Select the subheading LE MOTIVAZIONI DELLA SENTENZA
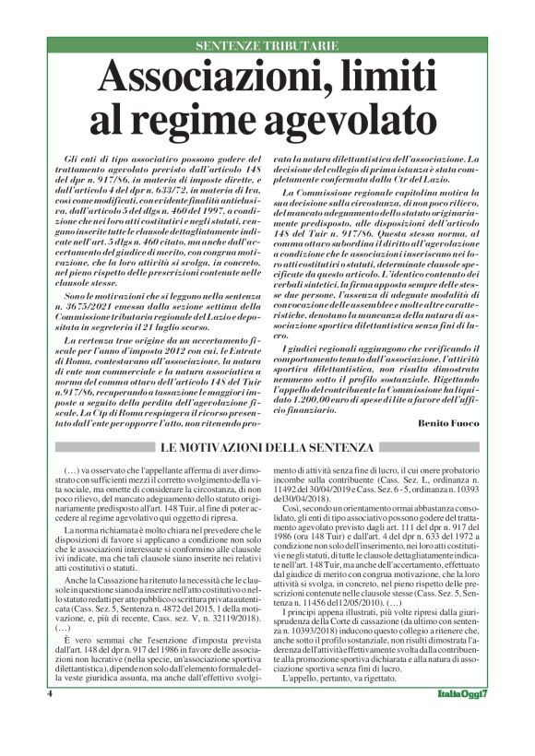pyautogui.click(x=267, y=447)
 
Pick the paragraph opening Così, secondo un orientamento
pyautogui.click(x=351, y=533)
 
